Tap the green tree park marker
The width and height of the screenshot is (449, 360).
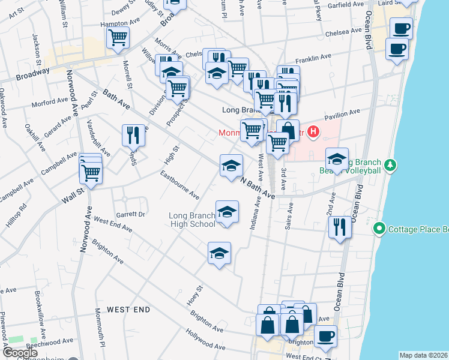click(391, 164)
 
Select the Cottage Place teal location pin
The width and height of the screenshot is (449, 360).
click(379, 229)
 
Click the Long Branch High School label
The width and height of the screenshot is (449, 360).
click(192, 220)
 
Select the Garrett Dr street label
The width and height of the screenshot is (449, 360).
click(131, 214)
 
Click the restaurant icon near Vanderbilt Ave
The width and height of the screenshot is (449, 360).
click(133, 135)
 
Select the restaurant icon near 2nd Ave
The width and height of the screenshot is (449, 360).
click(340, 227)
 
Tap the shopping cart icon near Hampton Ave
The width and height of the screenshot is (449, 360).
click(118, 37)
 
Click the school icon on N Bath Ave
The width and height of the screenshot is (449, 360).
click(231, 166)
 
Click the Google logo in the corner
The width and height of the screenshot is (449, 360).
click(20, 353)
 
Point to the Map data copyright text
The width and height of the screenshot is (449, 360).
click(424, 355)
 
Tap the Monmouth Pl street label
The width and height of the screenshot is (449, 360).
click(100, 337)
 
